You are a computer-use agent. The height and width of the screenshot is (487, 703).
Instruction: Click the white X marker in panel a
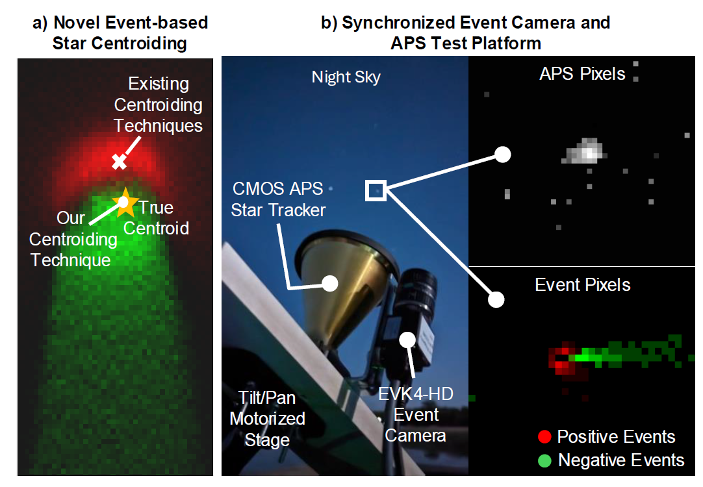pyautogui.click(x=118, y=162)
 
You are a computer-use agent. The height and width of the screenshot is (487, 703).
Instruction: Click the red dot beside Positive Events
pyautogui.click(x=545, y=437)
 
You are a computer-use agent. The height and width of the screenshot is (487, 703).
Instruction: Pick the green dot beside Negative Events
pyautogui.click(x=545, y=461)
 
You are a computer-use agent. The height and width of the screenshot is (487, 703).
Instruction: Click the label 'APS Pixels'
pyautogui.click(x=582, y=74)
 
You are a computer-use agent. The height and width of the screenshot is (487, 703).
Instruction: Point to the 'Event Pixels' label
pyautogui.click(x=582, y=284)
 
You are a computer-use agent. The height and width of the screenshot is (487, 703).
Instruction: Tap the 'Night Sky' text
pyautogui.click(x=346, y=77)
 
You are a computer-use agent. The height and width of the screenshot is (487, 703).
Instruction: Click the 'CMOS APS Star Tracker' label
pyautogui.click(x=279, y=199)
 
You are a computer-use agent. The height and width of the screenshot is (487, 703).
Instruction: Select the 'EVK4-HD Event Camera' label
pyautogui.click(x=415, y=414)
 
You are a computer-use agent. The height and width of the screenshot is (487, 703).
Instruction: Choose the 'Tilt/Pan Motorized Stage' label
pyautogui.click(x=267, y=419)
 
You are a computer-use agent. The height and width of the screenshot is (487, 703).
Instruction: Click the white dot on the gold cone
pyautogui.click(x=330, y=283)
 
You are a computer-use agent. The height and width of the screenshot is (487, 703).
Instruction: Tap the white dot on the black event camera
pyautogui.click(x=408, y=339)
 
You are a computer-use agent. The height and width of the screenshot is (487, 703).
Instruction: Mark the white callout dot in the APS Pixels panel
pyautogui.click(x=502, y=155)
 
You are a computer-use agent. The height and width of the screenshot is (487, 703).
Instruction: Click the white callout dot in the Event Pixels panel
pyautogui.click(x=496, y=299)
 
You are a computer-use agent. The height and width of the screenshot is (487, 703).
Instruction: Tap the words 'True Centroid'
pyautogui.click(x=157, y=218)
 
